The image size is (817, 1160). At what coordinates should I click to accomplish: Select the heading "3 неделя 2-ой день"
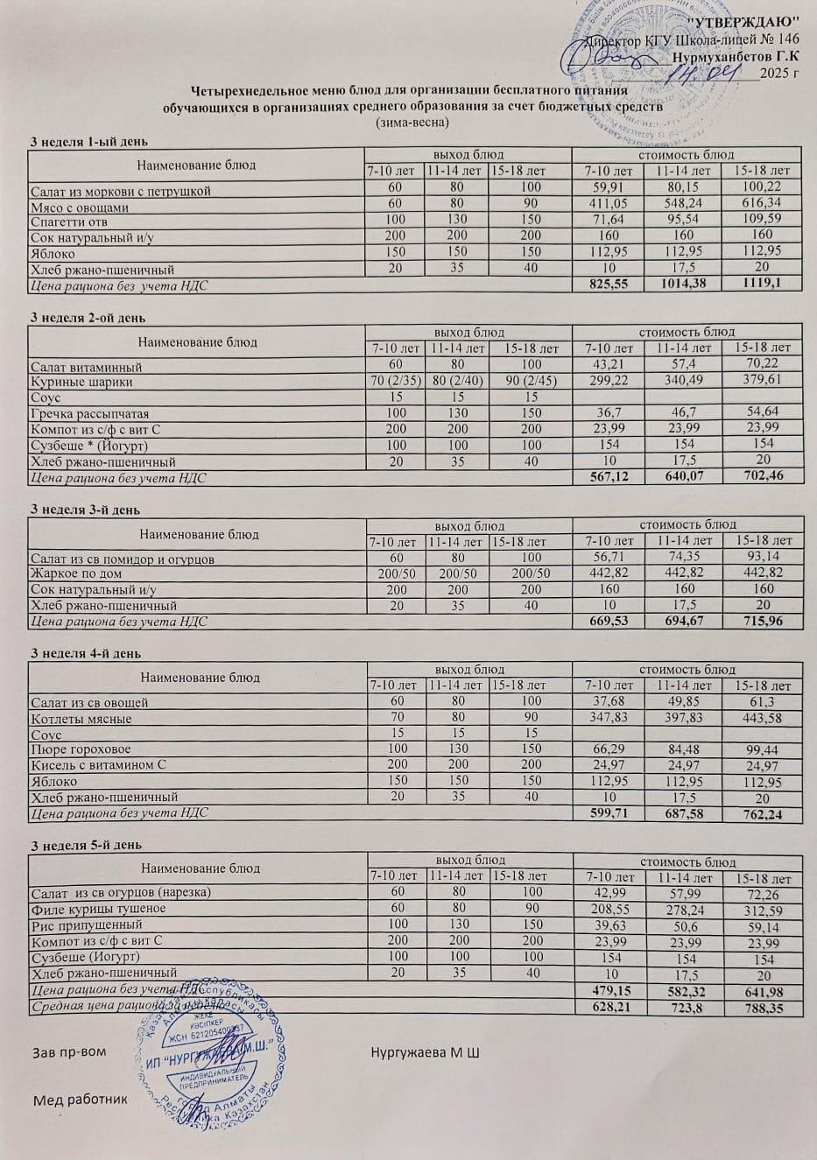tap(88, 318)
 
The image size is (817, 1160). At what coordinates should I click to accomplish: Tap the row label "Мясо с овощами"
tap(80, 207)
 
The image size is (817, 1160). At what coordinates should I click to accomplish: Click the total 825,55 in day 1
tap(605, 285)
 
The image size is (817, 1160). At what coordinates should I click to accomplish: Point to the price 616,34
tap(761, 203)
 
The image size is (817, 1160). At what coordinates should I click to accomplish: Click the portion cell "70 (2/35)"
tap(396, 380)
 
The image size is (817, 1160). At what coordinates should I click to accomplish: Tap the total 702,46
tap(761, 477)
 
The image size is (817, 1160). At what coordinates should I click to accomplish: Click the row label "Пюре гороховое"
tap(81, 750)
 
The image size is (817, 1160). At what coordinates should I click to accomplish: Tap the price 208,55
tap(607, 909)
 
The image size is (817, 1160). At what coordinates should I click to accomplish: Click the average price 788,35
tap(761, 1009)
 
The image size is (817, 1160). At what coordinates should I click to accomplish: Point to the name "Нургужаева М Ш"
tap(426, 1051)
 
